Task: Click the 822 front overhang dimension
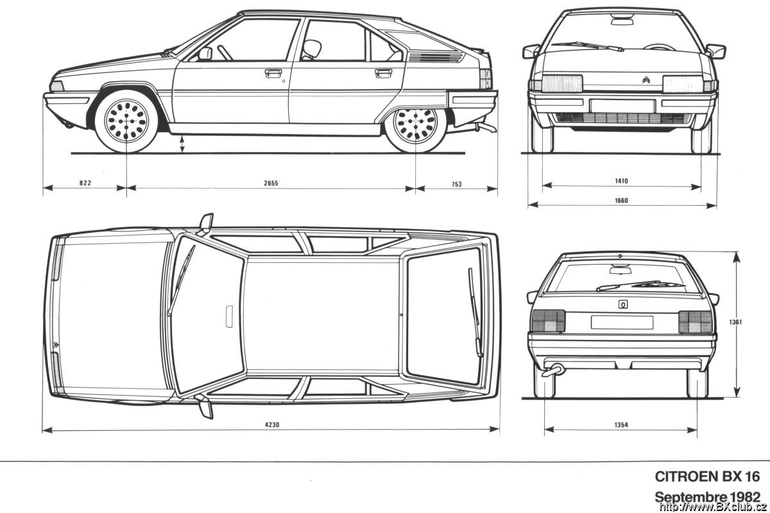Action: pyautogui.click(x=85, y=183)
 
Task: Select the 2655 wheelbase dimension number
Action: pyautogui.click(x=271, y=183)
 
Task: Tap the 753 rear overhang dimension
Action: pyautogui.click(x=456, y=184)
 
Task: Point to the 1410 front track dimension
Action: pyautogui.click(x=621, y=181)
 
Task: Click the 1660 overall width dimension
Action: pyautogui.click(x=621, y=200)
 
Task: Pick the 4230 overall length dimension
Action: pyautogui.click(x=272, y=425)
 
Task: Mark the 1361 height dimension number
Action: pyautogui.click(x=735, y=322)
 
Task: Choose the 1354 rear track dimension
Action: pyautogui.click(x=621, y=425)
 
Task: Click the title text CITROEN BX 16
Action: pyautogui.click(x=707, y=476)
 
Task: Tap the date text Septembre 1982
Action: pyautogui.click(x=707, y=497)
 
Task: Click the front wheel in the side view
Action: pyautogui.click(x=126, y=121)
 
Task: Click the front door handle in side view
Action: pyautogui.click(x=273, y=73)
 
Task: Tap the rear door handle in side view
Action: pyautogui.click(x=383, y=73)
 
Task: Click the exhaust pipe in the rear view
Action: pyautogui.click(x=552, y=371)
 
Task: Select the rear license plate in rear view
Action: pyautogui.click(x=622, y=323)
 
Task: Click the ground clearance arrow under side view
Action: pyautogui.click(x=182, y=144)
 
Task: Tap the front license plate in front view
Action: pyautogui.click(x=622, y=106)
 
